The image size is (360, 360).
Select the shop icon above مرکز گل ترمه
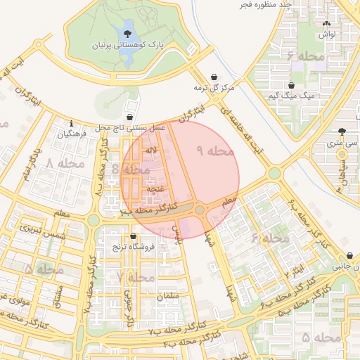pyautogui.click(x=214, y=77)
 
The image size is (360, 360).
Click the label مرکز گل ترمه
pyautogui.click(x=213, y=89)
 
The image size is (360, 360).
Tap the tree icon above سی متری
pyautogui.click(x=342, y=131)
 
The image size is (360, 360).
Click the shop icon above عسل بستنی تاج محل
pyautogui.click(x=130, y=117)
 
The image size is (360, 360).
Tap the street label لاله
pyautogui.click(x=151, y=151)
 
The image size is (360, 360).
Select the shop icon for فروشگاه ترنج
pyautogui.click(x=134, y=237)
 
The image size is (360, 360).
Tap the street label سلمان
pyautogui.click(x=168, y=297)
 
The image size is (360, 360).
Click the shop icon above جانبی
pyautogui.click(x=349, y=256)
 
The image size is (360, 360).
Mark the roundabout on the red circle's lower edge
pyautogui.click(x=200, y=210)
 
